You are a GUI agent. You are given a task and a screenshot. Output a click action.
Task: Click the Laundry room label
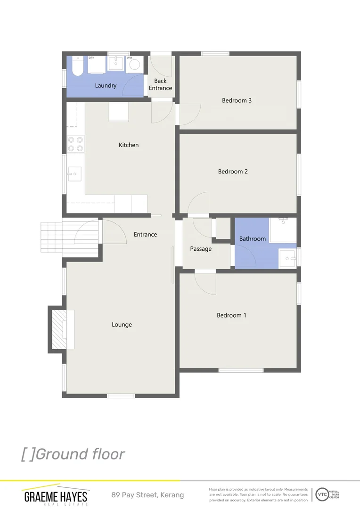point(106,86)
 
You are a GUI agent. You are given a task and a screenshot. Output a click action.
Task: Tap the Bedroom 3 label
point(237,100)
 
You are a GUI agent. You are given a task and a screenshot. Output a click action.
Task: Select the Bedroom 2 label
point(233,172)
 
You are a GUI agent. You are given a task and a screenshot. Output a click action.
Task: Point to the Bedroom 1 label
point(231,315)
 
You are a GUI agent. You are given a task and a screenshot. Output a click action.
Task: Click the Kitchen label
point(129,145)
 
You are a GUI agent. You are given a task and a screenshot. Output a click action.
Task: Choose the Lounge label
point(122,325)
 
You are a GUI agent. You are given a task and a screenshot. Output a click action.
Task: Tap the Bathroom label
point(253,239)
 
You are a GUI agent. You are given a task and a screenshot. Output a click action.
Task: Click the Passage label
point(201,249)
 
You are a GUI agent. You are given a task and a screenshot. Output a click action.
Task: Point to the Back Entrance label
point(160,84)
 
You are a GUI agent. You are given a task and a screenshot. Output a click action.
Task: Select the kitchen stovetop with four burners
point(75,144)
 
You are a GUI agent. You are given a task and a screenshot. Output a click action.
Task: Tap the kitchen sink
point(74,174)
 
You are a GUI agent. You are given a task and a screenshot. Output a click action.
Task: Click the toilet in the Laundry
point(78,67)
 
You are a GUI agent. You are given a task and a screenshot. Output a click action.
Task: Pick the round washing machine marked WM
point(134,65)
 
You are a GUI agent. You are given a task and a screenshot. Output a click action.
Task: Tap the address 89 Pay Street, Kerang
point(147,495)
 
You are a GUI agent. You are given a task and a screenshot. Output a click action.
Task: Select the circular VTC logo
point(322,494)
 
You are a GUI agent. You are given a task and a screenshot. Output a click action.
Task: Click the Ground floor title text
point(73,454)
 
